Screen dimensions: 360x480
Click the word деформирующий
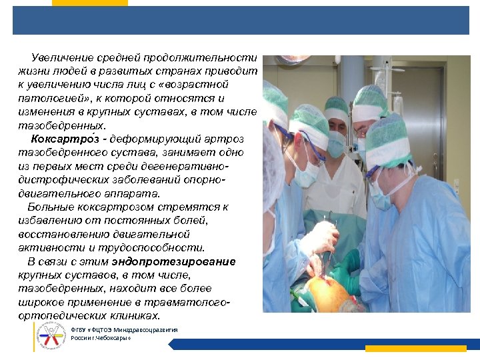154,139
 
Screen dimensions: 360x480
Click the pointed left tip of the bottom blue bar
169,345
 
